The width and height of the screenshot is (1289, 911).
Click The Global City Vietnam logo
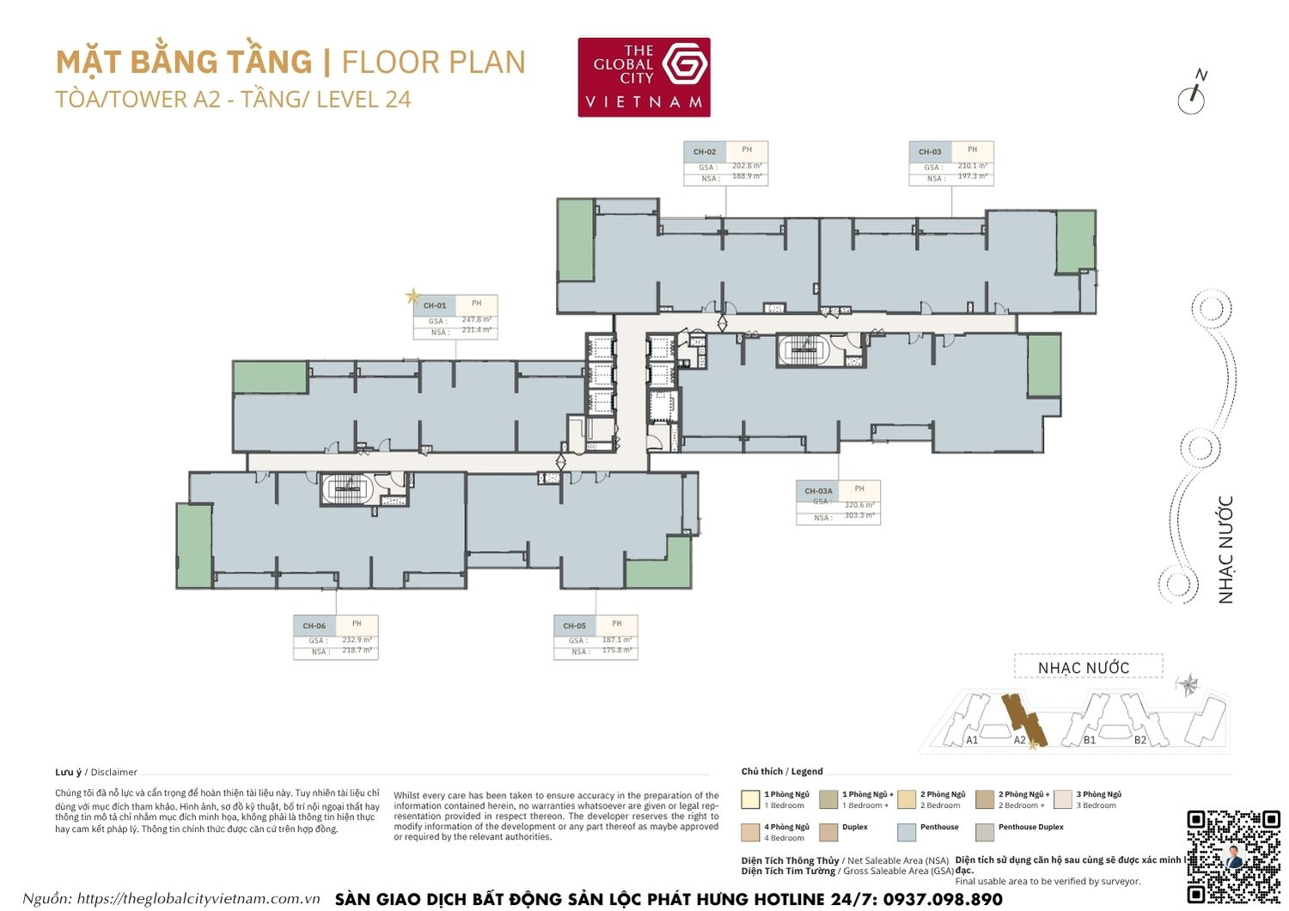(644, 76)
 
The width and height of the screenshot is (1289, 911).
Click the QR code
(1233, 856)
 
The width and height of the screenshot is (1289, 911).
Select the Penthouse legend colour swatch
(906, 832)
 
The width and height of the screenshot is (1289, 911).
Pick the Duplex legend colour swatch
(828, 832)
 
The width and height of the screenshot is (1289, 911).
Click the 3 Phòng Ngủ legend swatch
(1063, 799)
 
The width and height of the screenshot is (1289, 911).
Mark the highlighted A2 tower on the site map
(1023, 718)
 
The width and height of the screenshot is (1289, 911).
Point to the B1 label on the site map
(1089, 739)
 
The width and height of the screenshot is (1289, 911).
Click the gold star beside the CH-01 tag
(413, 297)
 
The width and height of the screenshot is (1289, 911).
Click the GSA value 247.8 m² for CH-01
(476, 320)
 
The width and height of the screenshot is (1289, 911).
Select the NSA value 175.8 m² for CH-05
(616, 651)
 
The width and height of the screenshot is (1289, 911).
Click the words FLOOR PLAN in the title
(433, 63)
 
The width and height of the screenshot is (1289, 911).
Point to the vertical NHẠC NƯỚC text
(1225, 549)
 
